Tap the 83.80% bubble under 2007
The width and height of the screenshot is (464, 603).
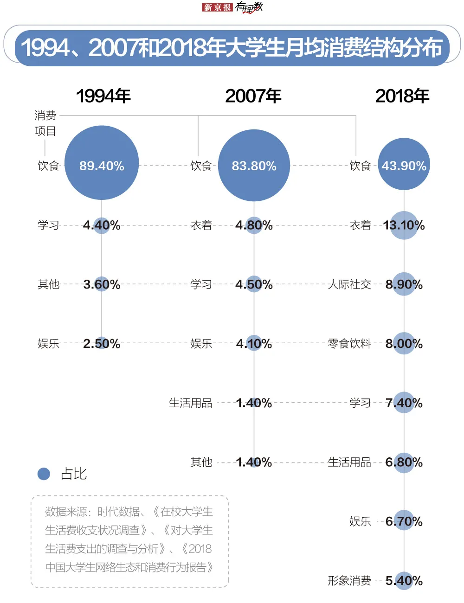(x=254, y=166)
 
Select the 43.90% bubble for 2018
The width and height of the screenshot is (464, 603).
(x=404, y=166)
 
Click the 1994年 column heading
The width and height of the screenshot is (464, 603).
(x=103, y=96)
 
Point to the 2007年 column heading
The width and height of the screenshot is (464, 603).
(x=253, y=96)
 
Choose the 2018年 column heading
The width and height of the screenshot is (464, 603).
(x=402, y=96)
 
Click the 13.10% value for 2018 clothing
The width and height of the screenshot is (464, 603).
(x=404, y=225)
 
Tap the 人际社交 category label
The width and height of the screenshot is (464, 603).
(x=349, y=284)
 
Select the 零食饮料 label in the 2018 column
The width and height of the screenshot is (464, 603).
(x=349, y=344)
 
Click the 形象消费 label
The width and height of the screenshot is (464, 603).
(x=349, y=581)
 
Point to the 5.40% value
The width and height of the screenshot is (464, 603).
(x=404, y=581)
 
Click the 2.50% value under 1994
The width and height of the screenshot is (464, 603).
(x=102, y=344)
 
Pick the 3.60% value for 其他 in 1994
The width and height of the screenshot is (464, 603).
(x=102, y=284)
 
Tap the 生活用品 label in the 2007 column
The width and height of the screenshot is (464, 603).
(x=190, y=403)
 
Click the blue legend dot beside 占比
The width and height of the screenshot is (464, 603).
(x=44, y=474)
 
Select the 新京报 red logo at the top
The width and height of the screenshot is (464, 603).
(x=217, y=7)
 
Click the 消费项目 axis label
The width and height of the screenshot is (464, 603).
(x=45, y=123)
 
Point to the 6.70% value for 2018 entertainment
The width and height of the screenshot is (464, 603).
(x=404, y=521)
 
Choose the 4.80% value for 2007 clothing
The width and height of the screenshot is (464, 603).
(x=254, y=225)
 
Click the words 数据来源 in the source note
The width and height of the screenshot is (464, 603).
(x=66, y=512)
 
